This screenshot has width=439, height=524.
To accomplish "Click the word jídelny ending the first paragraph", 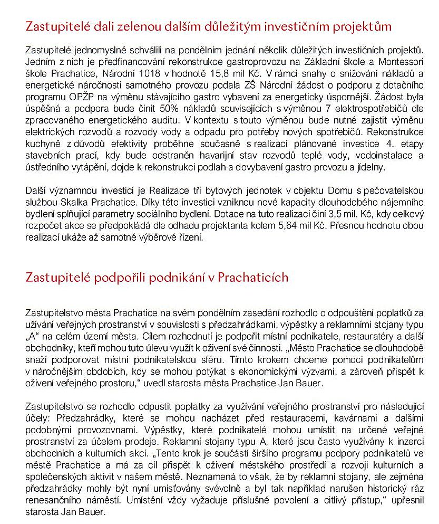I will click(x=370, y=168).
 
